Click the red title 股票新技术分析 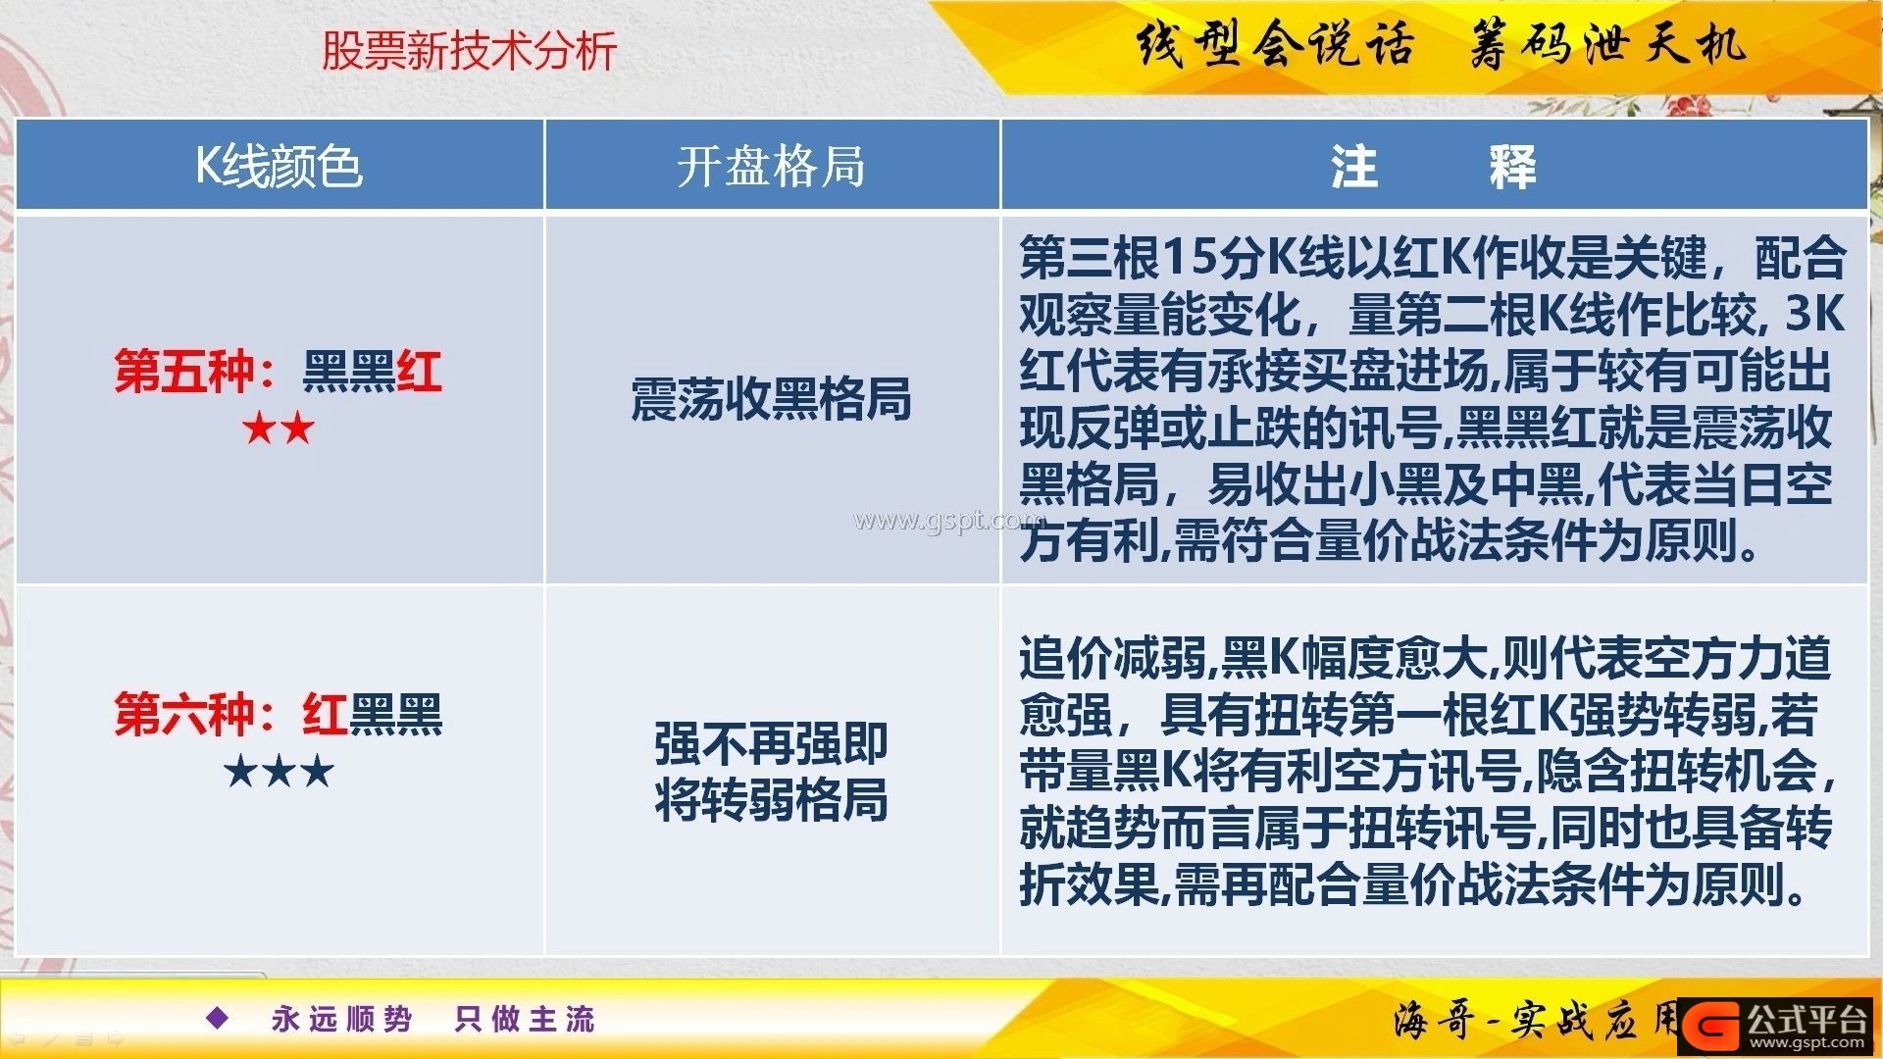[469, 51]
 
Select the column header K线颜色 [280, 166]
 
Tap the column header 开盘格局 [771, 166]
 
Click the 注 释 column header [1433, 166]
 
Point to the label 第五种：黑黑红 [279, 372]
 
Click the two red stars [279, 429]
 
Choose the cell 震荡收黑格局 [771, 399]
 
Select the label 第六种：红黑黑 [279, 714]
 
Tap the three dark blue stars [279, 772]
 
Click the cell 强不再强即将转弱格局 [771, 772]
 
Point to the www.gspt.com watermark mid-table [947, 521]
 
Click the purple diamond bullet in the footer [218, 1018]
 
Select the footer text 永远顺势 [342, 1019]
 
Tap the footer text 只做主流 [525, 1019]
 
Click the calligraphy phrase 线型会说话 [1275, 44]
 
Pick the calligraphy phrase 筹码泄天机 [1607, 44]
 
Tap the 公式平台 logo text [1807, 1019]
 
